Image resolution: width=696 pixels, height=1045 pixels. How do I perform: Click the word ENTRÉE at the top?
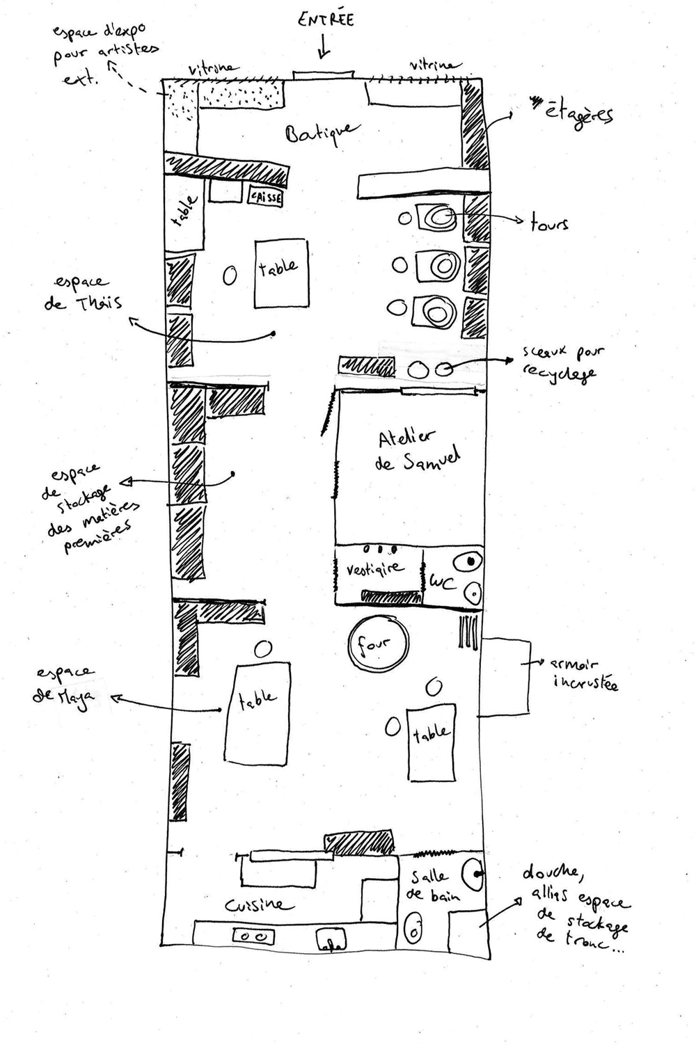point(325,19)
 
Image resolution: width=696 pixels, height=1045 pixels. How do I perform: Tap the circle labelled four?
point(378,644)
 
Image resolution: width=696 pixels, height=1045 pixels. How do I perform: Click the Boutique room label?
point(323,132)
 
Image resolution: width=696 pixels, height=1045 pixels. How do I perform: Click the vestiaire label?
point(374,568)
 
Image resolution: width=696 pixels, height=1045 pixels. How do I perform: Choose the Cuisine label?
point(255,904)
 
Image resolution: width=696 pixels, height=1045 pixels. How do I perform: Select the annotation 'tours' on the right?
point(549,223)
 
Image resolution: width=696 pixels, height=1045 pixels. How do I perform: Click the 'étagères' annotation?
point(578,111)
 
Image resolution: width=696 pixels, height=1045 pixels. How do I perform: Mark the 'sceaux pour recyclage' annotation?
point(561,362)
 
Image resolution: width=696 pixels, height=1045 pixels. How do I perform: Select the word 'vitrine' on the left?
point(213,70)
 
